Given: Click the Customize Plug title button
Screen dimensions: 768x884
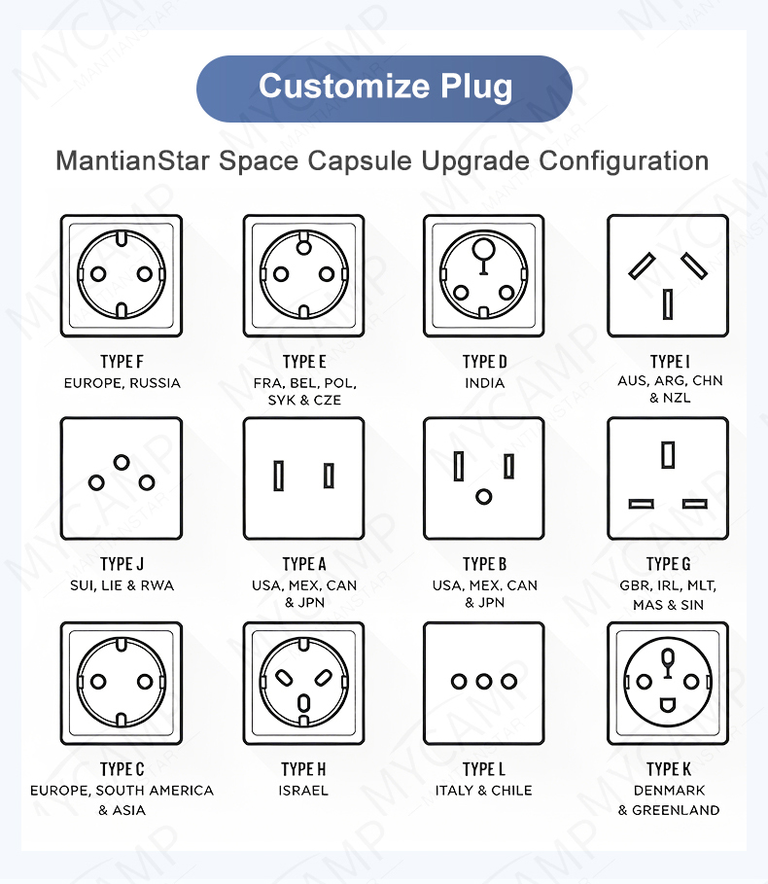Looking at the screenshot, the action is pyautogui.click(x=384, y=88).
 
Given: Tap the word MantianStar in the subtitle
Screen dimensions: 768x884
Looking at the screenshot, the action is pyautogui.click(x=132, y=160).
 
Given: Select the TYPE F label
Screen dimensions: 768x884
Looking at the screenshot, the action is pyautogui.click(x=122, y=362).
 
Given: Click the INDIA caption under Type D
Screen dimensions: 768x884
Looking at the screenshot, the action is pyautogui.click(x=484, y=383).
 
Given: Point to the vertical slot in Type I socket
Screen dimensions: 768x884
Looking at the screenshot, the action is pyautogui.click(x=668, y=303).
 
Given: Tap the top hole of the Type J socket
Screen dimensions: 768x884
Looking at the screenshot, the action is pyautogui.click(x=122, y=462).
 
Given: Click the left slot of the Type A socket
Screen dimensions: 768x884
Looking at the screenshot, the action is pyautogui.click(x=278, y=476).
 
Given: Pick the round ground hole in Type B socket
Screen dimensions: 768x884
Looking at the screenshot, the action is pyautogui.click(x=483, y=497).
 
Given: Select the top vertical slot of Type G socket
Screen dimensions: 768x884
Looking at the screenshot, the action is pyautogui.click(x=668, y=455).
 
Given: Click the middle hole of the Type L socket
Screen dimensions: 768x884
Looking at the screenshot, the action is pyautogui.click(x=483, y=682).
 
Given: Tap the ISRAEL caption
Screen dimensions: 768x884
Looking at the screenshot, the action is pyautogui.click(x=303, y=791).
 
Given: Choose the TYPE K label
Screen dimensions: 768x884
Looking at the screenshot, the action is pyautogui.click(x=668, y=769).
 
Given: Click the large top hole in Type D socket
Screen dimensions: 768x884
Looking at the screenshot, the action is pyautogui.click(x=483, y=249).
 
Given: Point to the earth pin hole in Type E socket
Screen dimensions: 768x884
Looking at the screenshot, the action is pyautogui.click(x=303, y=247).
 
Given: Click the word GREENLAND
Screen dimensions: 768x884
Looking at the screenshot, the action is pyautogui.click(x=676, y=810).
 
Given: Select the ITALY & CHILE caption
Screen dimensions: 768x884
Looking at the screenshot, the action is pyautogui.click(x=483, y=791).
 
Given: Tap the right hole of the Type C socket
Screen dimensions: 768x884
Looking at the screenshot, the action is pyautogui.click(x=145, y=682).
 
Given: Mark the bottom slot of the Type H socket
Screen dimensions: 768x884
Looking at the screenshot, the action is pyautogui.click(x=303, y=703).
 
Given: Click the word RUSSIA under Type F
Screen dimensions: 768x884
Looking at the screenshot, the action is pyautogui.click(x=155, y=383).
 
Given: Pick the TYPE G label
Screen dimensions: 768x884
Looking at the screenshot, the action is pyautogui.click(x=668, y=564).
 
